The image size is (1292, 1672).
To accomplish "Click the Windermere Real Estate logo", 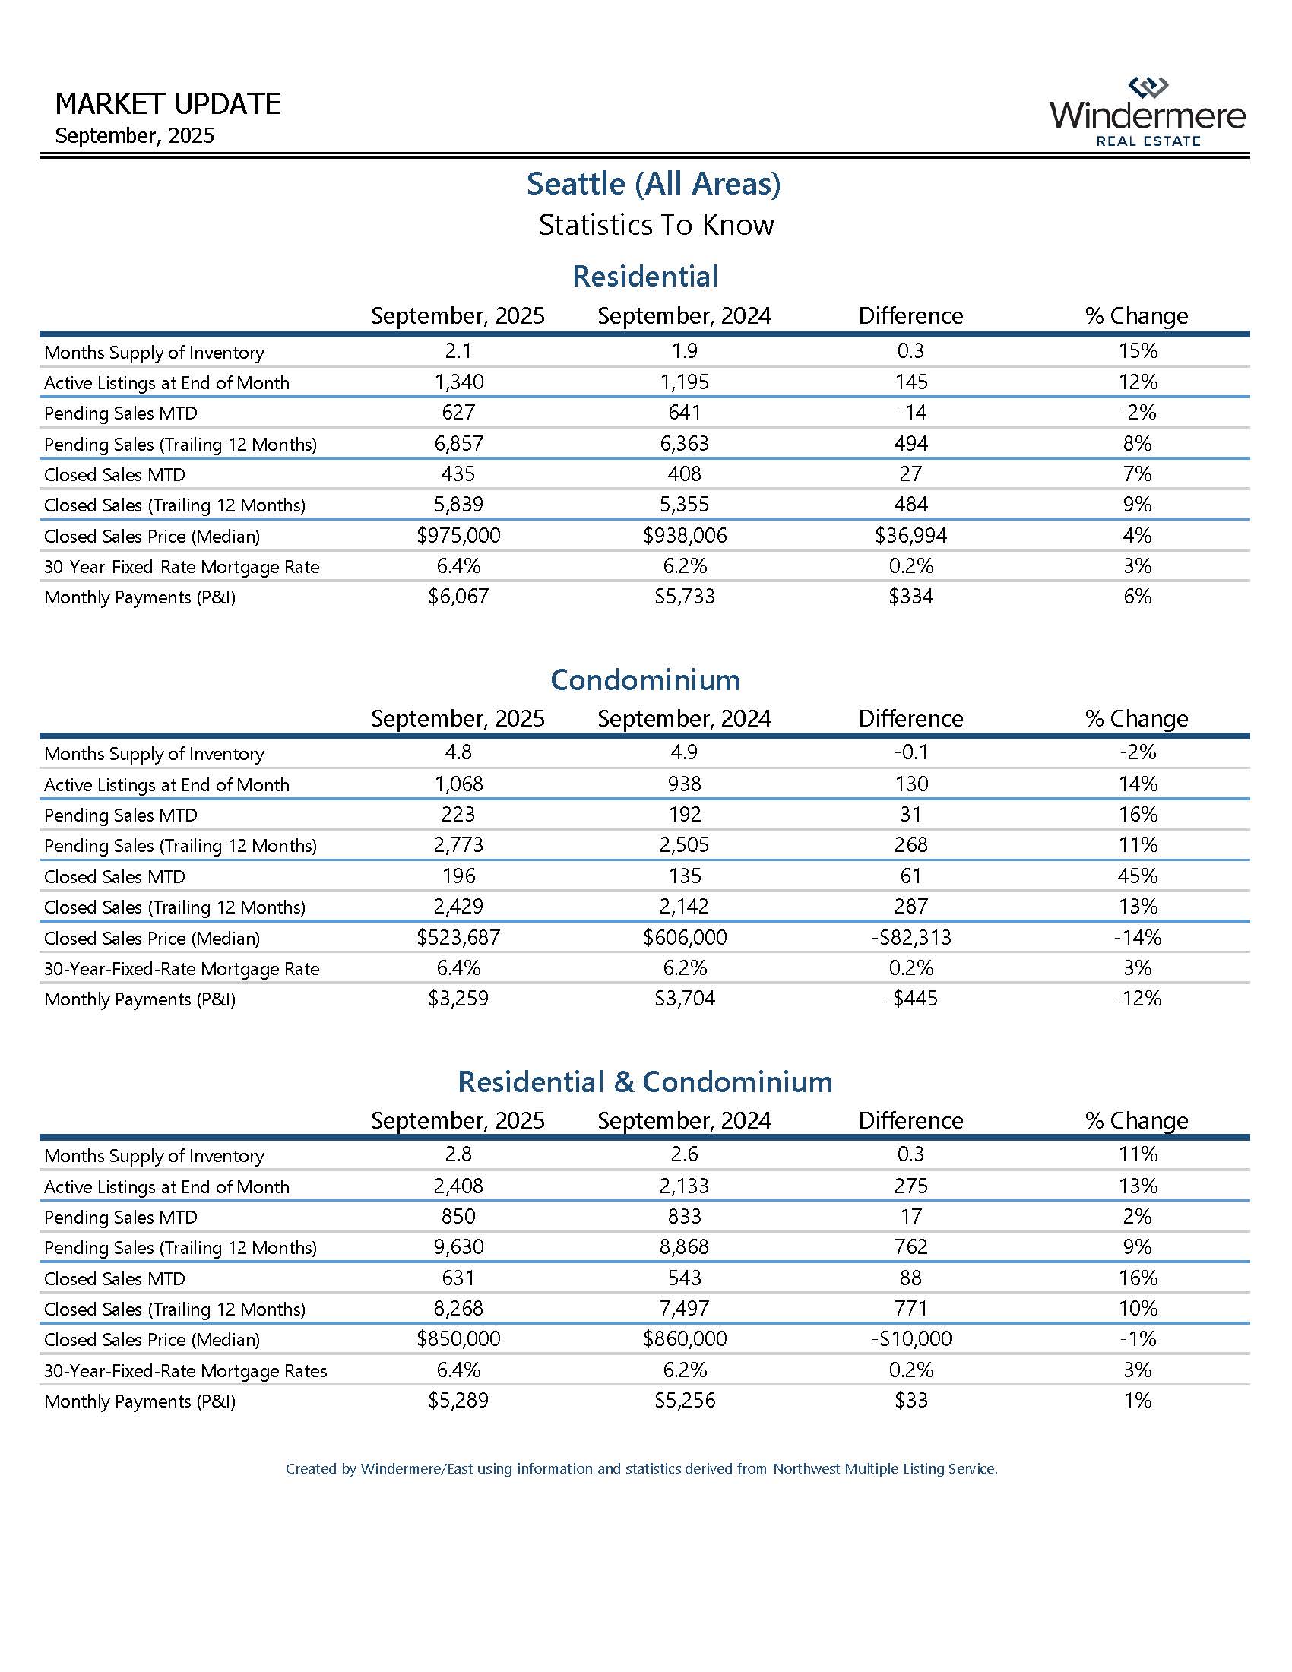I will point(1148,112).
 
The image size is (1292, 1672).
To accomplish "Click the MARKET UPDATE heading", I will point(169,104).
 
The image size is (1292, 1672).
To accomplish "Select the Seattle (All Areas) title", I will point(653,184).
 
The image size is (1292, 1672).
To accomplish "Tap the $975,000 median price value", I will point(458,535).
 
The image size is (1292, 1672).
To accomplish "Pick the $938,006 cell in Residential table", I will point(684,535).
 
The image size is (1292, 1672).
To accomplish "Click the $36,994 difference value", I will point(910,535).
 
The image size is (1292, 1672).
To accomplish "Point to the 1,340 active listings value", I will point(458,382).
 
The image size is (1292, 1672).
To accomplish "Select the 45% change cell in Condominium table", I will point(1138,876).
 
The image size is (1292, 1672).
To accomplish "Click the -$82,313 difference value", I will point(910,937).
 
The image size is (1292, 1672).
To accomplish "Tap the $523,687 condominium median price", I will point(458,937).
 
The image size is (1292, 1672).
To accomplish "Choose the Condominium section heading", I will point(645,680).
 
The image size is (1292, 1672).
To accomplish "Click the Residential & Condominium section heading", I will point(645,1081).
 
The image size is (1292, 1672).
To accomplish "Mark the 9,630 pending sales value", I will point(458,1247).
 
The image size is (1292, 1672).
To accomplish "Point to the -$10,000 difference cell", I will point(910,1339).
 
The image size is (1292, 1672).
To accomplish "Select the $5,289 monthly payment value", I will point(458,1400).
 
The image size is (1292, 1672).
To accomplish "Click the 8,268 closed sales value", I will point(458,1309).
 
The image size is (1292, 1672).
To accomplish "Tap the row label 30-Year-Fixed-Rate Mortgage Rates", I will point(185,1370).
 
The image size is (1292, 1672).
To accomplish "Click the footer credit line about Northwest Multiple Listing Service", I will point(641,1469).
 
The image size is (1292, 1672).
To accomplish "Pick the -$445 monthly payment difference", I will point(910,999).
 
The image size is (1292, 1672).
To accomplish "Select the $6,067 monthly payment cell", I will point(458,597).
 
